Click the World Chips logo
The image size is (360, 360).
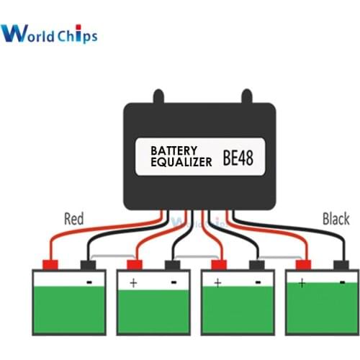tap(49, 33)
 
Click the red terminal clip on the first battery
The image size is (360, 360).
tap(51, 264)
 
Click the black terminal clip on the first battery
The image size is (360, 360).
tap(90, 264)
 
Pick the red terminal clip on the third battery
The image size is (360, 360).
tap(218, 264)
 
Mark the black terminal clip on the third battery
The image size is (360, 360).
tap(257, 264)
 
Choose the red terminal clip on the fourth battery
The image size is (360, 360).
tap(302, 264)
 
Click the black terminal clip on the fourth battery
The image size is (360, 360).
tap(342, 264)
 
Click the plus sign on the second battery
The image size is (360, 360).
tap(133, 283)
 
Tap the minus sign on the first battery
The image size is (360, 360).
tap(90, 282)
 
